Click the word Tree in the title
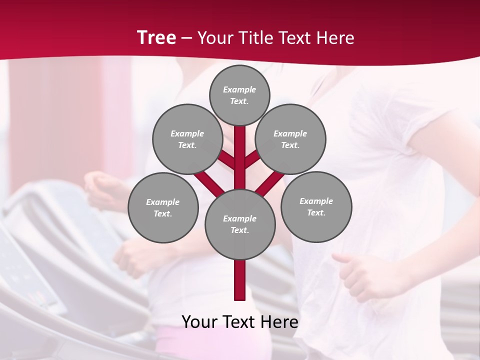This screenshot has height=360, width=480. tap(156, 37)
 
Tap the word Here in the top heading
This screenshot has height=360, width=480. tap(336, 38)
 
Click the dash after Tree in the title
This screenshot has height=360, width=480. tap(187, 38)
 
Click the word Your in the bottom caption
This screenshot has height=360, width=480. tap(200, 322)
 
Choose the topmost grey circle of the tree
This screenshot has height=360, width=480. tap(239, 95)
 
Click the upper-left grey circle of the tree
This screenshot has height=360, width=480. tap(187, 139)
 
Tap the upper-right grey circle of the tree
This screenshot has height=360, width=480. tap(290, 139)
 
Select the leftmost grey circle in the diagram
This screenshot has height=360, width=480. tap(163, 207)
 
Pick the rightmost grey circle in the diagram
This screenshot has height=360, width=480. tap(316, 206)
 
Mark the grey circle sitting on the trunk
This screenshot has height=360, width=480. tap(240, 224)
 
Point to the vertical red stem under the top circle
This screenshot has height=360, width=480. tap(240, 150)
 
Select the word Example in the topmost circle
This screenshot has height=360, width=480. tap(239, 89)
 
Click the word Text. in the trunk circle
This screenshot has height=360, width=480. tap(239, 230)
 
